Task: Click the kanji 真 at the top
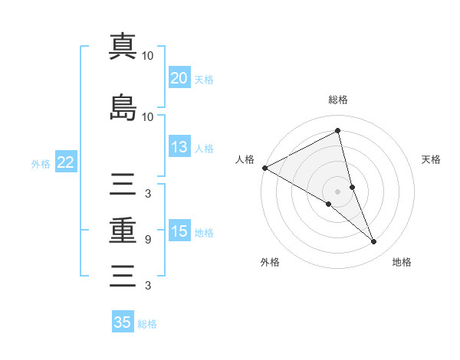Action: (123, 46)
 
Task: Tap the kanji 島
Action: (123, 108)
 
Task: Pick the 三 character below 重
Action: (123, 275)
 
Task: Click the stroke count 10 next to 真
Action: (148, 56)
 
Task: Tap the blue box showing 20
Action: (179, 78)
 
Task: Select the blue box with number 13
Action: (179, 148)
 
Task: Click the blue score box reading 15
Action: (179, 231)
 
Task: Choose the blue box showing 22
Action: (65, 162)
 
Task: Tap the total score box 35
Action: (123, 322)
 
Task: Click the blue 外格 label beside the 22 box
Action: (41, 163)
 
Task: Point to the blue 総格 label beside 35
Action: (147, 324)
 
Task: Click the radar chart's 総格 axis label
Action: (337, 100)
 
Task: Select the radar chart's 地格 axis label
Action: (402, 263)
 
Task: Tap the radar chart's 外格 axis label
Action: (270, 263)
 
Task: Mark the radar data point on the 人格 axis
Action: (264, 168)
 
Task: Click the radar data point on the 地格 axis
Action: (374, 242)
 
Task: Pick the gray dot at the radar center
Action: (337, 191)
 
